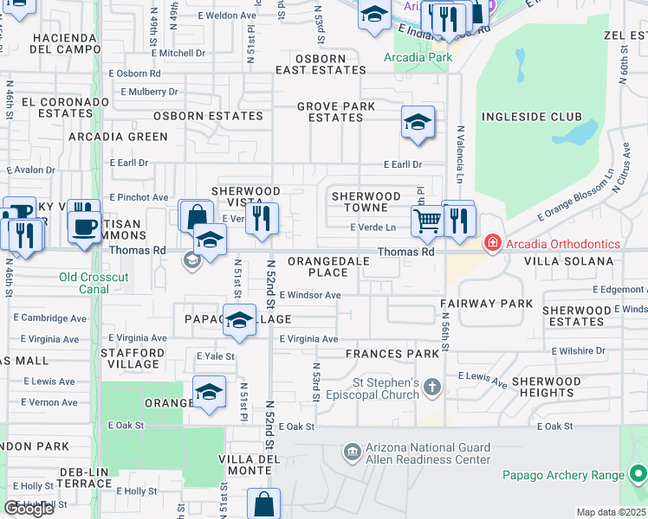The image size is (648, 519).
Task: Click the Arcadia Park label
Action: (418, 58)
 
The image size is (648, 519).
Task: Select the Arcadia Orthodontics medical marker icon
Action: (493, 242)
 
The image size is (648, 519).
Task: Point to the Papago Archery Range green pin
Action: (638, 474)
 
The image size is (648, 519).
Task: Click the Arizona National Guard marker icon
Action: (352, 452)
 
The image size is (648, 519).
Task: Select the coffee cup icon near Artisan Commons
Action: (84, 227)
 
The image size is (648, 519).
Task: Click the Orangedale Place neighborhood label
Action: (317, 266)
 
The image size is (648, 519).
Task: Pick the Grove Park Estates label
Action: (336, 112)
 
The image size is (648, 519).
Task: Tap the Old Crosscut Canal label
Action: (94, 277)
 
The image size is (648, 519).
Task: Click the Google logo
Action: (29, 509)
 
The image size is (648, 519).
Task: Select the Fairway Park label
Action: (486, 304)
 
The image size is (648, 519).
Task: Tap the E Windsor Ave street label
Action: (310, 295)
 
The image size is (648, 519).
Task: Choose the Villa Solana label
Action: (573, 260)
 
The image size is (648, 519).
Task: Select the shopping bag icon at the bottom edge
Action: (263, 505)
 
